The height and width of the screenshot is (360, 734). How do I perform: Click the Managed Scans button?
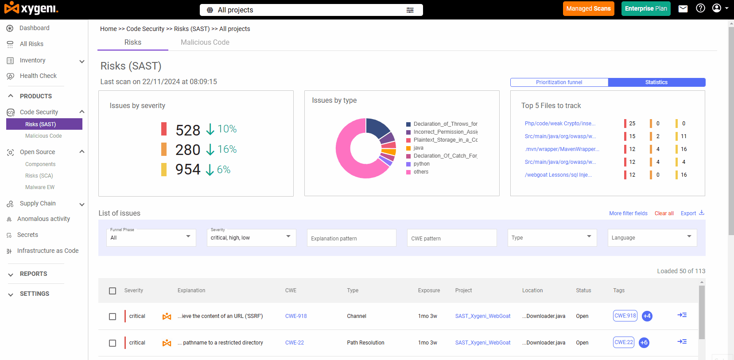pyautogui.click(x=589, y=8)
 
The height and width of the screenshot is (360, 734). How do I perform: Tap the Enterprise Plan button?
pyautogui.click(x=646, y=8)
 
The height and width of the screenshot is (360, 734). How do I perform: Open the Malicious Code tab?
pyautogui.click(x=205, y=42)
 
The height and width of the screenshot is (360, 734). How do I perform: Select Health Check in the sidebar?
pyautogui.click(x=38, y=76)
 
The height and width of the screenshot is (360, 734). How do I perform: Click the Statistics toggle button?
pyautogui.click(x=656, y=82)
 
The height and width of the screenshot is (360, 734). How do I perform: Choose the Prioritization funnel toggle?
pyautogui.click(x=559, y=82)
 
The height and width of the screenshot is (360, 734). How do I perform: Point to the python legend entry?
pyautogui.click(x=421, y=164)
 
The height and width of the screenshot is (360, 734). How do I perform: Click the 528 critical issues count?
pyautogui.click(x=188, y=130)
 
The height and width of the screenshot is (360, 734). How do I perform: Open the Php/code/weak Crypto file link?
pyautogui.click(x=560, y=124)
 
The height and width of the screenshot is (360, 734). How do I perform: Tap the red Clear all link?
pyautogui.click(x=664, y=213)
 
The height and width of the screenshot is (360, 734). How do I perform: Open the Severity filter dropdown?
pyautogui.click(x=251, y=237)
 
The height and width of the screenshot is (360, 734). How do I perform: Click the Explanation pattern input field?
pyautogui.click(x=352, y=238)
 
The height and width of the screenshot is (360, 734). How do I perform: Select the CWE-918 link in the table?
pyautogui.click(x=296, y=316)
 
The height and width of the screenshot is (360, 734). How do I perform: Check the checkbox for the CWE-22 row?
pyautogui.click(x=113, y=343)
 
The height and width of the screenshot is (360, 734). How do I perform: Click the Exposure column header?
pyautogui.click(x=429, y=290)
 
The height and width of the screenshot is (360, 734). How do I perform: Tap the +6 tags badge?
pyautogui.click(x=644, y=343)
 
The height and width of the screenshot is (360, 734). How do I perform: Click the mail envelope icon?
pyautogui.click(x=683, y=8)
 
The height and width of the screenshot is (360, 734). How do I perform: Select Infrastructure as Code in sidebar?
pyautogui.click(x=48, y=251)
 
